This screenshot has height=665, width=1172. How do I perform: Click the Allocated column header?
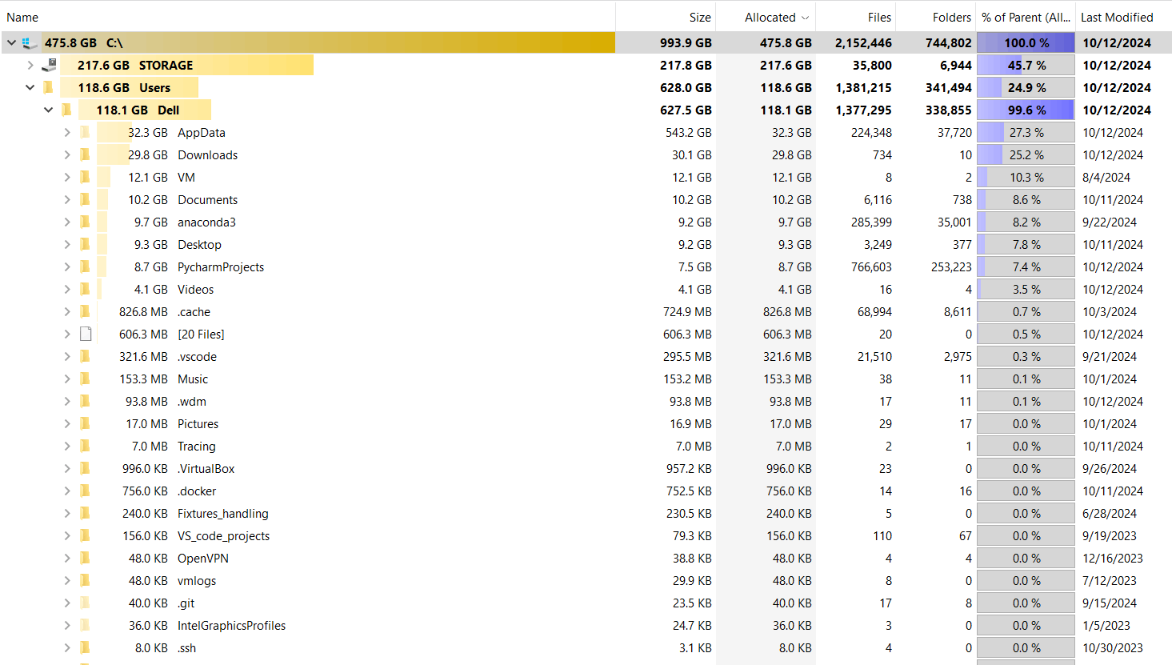pyautogui.click(x=770, y=17)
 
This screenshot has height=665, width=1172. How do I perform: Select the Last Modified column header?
pyautogui.click(x=1117, y=17)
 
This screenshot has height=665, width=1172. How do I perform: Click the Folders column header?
pyautogui.click(x=951, y=17)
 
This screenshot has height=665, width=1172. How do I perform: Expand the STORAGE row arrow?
pyautogui.click(x=30, y=65)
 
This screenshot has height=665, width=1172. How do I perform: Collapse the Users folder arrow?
pyautogui.click(x=30, y=87)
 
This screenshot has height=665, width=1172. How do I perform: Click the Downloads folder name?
pyautogui.click(x=207, y=155)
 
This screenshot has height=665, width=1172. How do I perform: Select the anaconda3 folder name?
pyautogui.click(x=206, y=222)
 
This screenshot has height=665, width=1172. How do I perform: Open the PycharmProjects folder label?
pyautogui.click(x=220, y=267)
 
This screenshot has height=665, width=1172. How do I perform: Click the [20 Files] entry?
pyautogui.click(x=201, y=335)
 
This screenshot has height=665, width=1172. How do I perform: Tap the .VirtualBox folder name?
pyautogui.click(x=206, y=469)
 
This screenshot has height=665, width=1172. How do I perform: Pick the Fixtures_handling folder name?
pyautogui.click(x=222, y=514)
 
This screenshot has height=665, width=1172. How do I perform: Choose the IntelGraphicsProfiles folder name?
pyautogui.click(x=231, y=626)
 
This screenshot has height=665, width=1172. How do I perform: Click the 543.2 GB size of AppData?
pyautogui.click(x=688, y=133)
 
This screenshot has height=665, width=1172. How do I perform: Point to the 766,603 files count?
pyautogui.click(x=871, y=267)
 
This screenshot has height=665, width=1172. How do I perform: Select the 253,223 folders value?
pyautogui.click(x=951, y=267)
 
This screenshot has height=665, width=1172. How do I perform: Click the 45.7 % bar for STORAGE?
pyautogui.click(x=1026, y=66)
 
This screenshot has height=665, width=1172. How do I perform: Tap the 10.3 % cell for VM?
pyautogui.click(x=1026, y=178)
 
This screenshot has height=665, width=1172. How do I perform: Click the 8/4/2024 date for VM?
pyautogui.click(x=1106, y=178)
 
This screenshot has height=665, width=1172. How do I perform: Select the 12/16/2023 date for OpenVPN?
pyautogui.click(x=1112, y=559)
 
